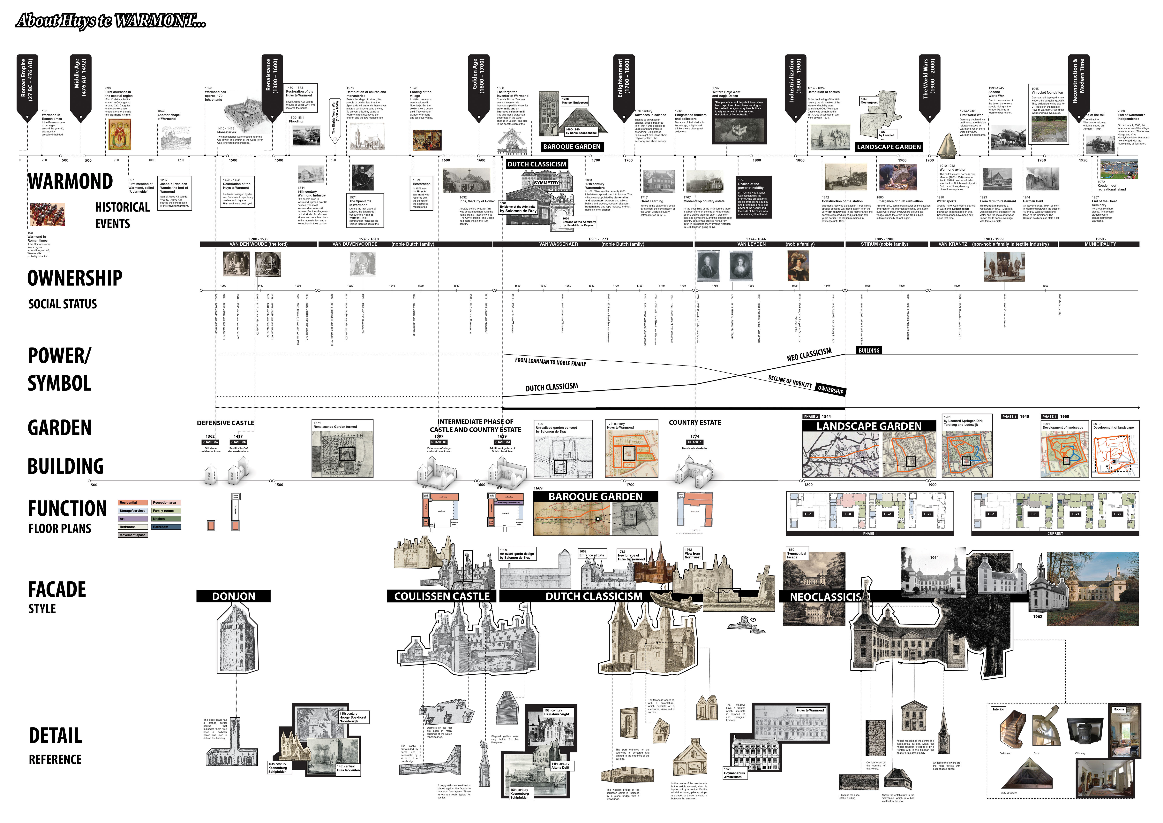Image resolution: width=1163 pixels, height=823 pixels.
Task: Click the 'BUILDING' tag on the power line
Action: click(x=869, y=350)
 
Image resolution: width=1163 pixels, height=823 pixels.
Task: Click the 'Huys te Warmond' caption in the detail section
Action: click(x=810, y=711)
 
